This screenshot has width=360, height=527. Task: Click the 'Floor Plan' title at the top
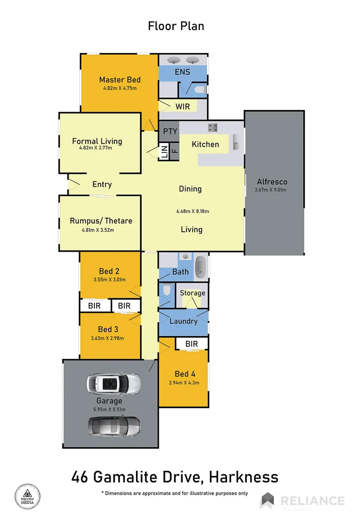tap(176, 26)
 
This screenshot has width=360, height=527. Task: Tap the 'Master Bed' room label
tap(119, 80)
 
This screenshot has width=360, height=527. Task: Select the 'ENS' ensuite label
tap(182, 72)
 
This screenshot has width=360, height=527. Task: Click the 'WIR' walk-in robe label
tap(182, 107)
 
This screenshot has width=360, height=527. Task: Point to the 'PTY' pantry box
tap(170, 131)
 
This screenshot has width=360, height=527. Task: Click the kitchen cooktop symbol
tap(212, 127)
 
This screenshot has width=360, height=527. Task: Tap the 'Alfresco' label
tap(271, 182)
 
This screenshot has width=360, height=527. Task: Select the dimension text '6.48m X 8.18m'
tap(192, 210)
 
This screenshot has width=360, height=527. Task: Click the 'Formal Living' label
tap(97, 141)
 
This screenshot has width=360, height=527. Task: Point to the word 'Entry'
tap(102, 184)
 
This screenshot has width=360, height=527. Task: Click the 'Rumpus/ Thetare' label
tap(101, 221)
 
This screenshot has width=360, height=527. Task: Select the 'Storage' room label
tap(192, 293)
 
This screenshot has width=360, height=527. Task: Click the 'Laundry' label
tap(183, 321)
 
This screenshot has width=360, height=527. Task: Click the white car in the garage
tap(114, 383)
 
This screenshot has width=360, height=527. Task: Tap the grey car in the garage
tap(114, 426)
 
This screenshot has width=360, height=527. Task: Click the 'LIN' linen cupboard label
tap(164, 152)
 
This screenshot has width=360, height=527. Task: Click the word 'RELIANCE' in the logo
tap(312, 500)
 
